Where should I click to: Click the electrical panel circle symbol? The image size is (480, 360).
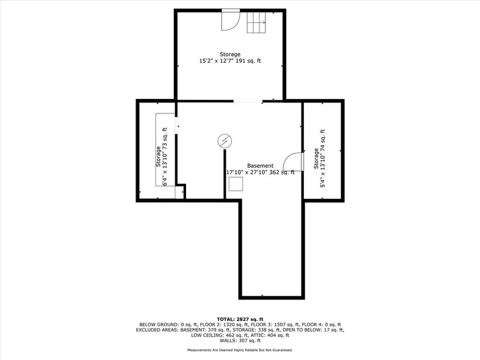point(225,141)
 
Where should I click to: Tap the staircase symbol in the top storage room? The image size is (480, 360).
point(256,22)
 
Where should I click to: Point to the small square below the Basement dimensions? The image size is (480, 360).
point(236,184)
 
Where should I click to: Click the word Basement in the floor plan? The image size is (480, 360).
point(260,166)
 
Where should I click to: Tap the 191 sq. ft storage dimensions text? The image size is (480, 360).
point(230,61)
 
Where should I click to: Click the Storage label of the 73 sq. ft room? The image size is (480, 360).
point(158,156)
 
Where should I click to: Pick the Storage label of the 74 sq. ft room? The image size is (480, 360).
point(316,159)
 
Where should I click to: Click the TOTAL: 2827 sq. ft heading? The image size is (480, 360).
point(240,319)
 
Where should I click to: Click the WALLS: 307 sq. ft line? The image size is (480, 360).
point(240,340)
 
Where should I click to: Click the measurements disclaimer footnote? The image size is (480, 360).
point(240,350)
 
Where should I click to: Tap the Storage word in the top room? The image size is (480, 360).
point(230,55)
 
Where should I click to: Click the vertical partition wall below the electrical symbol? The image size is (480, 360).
point(225,174)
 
